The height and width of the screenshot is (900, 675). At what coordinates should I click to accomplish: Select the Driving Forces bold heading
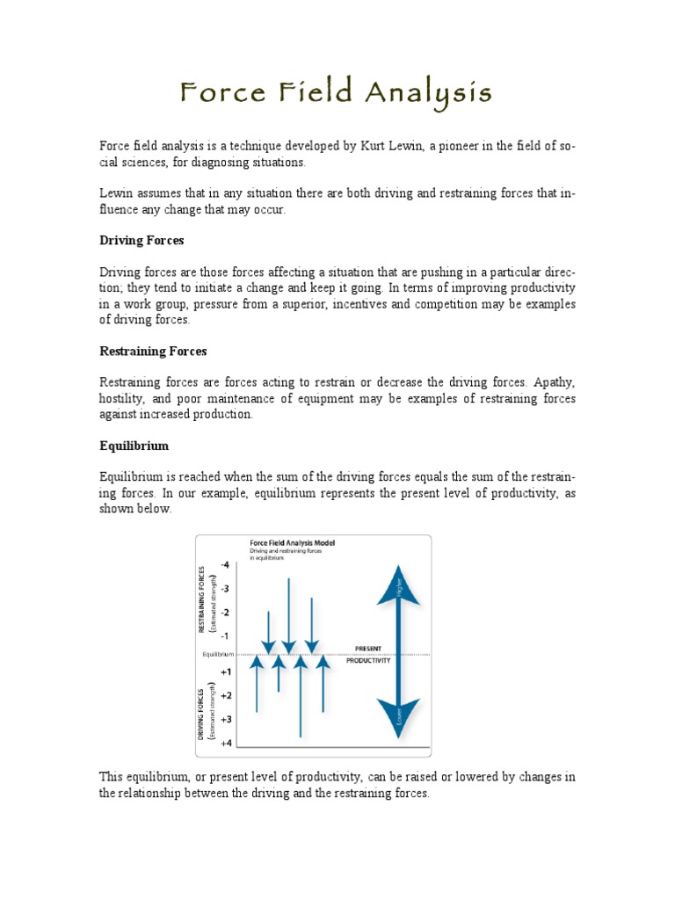(x=141, y=240)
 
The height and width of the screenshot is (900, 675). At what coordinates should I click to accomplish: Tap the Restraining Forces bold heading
(x=153, y=351)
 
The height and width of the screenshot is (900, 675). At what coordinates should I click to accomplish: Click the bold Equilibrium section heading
(x=134, y=446)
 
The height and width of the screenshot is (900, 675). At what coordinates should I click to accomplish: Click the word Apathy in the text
(x=552, y=382)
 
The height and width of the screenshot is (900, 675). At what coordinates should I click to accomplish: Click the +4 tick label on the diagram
(x=226, y=743)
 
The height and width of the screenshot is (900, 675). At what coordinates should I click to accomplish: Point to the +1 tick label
(x=226, y=671)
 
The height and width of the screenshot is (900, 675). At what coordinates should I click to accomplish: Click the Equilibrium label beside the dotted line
(x=218, y=654)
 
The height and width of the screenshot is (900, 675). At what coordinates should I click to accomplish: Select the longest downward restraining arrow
(x=288, y=615)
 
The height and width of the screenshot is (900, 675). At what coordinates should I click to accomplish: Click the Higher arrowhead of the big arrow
(x=398, y=586)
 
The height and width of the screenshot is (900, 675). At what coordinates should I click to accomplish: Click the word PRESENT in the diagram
(x=367, y=648)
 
